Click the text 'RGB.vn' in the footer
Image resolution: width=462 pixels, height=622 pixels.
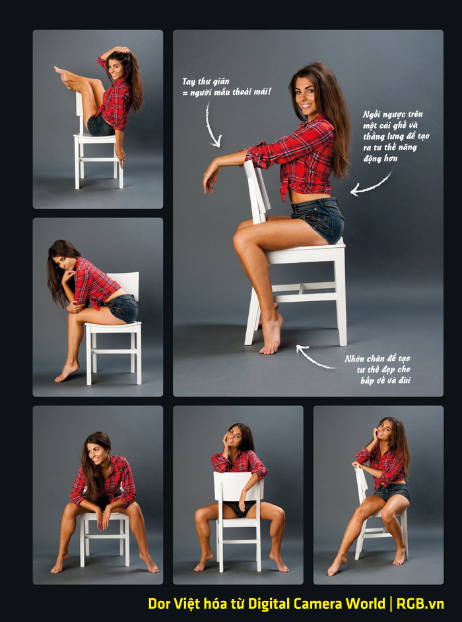[420, 604]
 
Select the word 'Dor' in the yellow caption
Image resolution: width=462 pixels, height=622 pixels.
[159, 604]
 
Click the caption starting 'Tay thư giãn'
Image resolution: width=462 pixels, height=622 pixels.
[226, 86]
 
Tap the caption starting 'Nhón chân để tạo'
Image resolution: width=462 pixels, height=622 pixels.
[378, 369]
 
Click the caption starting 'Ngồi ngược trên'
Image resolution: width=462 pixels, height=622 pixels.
[395, 136]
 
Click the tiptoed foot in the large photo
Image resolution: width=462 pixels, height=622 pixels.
[272, 335]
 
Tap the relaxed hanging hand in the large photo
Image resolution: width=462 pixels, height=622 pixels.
[211, 178]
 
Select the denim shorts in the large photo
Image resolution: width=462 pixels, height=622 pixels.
[319, 219]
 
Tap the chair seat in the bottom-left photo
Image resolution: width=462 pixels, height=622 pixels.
[104, 516]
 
